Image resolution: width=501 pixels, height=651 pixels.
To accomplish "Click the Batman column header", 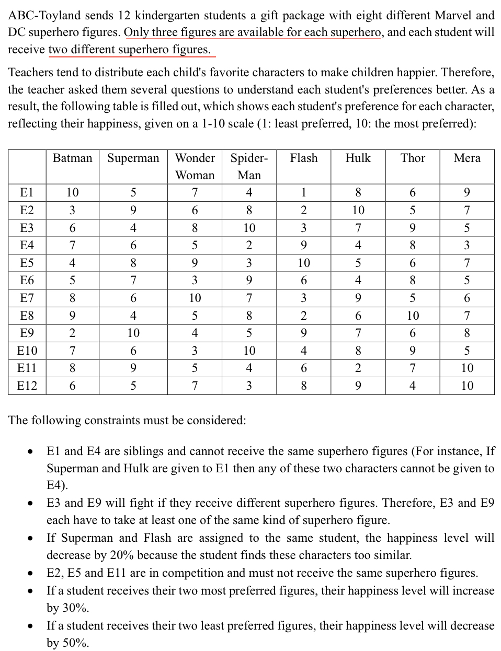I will [x=72, y=158].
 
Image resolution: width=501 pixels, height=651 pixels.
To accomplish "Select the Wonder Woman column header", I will [x=195, y=166].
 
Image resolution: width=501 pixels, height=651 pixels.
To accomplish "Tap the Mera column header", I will [x=466, y=158].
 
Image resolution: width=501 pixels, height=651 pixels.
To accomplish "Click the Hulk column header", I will [x=358, y=158].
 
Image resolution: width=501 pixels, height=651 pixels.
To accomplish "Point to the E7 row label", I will [x=27, y=298].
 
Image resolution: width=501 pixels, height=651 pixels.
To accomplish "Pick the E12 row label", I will [x=27, y=386].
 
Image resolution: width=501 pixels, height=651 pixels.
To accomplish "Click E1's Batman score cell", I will [x=72, y=193].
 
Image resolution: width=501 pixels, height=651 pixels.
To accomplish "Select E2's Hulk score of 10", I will [x=358, y=210].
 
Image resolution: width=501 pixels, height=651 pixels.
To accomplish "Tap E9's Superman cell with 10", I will [x=133, y=333].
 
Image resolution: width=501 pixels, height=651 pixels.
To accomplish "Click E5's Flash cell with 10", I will [x=303, y=263].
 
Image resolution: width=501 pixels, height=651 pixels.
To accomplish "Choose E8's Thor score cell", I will [x=412, y=316].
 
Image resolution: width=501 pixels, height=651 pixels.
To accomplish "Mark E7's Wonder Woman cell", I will [x=195, y=298].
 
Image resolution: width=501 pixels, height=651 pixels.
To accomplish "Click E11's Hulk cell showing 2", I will [x=358, y=368].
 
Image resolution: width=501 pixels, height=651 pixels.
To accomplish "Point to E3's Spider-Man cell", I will [x=249, y=228].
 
